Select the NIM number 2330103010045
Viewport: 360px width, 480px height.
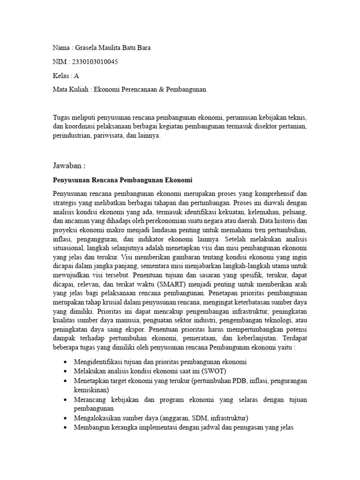tap(93, 62)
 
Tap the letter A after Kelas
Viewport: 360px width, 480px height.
tap(77, 75)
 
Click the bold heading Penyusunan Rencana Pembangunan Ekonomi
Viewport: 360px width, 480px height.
tap(122, 180)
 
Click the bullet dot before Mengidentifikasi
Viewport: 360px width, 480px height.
tap(64, 363)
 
